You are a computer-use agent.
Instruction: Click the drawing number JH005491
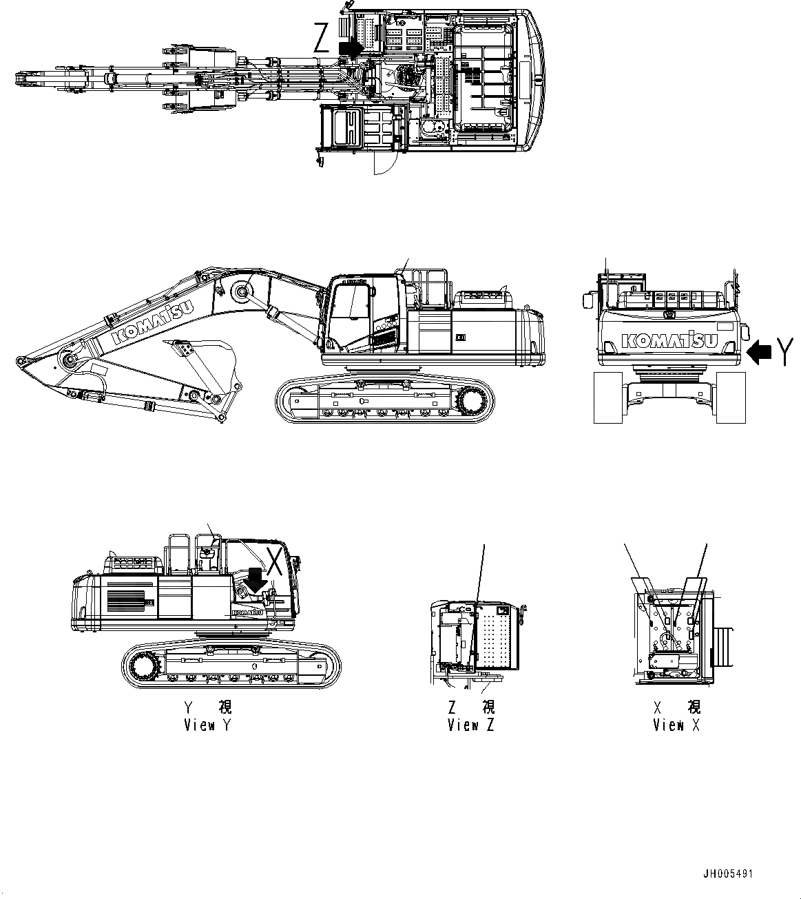coord(727,874)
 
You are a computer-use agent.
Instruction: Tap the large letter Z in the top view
coord(322,39)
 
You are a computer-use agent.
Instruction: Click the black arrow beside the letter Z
coord(350,48)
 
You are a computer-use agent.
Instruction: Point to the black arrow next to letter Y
coord(759,353)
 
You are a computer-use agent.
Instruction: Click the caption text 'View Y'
coord(209,725)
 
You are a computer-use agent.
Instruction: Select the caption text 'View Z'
coord(471,725)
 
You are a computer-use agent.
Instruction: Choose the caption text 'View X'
coord(677,725)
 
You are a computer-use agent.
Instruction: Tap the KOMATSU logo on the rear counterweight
coord(669,340)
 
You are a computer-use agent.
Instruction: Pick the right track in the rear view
coord(731,397)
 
